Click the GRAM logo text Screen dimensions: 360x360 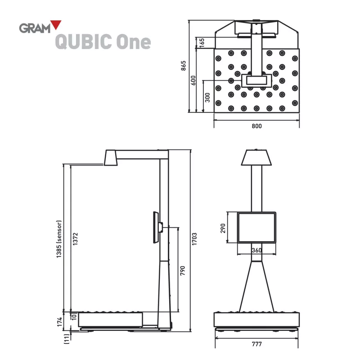tap(34, 27)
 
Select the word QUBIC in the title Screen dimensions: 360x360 tap(84, 42)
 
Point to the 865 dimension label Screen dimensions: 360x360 tap(184, 66)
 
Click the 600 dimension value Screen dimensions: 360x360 tap(193, 80)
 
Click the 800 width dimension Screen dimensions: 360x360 tap(256, 126)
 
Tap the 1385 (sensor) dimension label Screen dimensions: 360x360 tap(59, 238)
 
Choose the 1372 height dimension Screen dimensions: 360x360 tap(76, 238)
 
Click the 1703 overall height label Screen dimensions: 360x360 tap(194, 238)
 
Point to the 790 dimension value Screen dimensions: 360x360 tap(183, 270)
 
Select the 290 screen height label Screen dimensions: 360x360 tap(223, 228)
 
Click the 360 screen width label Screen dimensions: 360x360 tap(256, 250)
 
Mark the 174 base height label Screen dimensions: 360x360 tap(59, 321)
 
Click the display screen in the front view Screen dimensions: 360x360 tap(256, 228)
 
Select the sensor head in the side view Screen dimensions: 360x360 tap(111, 158)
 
